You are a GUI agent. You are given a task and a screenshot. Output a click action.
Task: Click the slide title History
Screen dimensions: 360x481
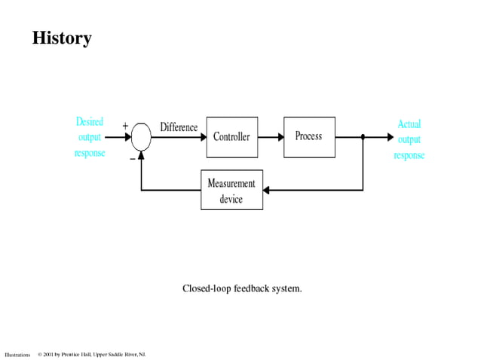[x=62, y=38]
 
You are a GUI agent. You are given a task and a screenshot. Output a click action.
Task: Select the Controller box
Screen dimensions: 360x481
[x=231, y=137]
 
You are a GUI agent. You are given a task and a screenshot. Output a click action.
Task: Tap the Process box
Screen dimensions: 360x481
[x=308, y=137]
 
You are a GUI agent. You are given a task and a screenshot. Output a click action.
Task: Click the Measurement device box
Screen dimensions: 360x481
[x=231, y=191]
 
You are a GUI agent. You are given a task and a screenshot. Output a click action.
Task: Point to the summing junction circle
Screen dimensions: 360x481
[x=141, y=138]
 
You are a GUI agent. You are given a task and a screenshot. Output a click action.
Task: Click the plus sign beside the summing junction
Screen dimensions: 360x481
[x=125, y=127]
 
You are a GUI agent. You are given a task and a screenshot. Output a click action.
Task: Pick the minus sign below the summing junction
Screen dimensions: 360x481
[x=132, y=158]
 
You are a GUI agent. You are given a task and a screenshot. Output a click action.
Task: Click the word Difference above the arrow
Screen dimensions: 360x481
[x=179, y=127]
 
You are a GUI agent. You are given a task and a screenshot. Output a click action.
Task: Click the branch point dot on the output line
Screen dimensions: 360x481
[x=363, y=138]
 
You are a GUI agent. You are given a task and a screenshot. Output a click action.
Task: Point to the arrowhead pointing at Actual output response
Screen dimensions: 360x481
[x=389, y=138]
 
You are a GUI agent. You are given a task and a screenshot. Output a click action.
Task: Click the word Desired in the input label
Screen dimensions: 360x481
[x=90, y=121]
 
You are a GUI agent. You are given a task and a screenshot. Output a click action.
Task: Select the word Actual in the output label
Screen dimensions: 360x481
[x=409, y=124]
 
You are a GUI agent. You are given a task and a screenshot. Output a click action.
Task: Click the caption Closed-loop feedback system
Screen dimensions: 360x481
[x=242, y=288]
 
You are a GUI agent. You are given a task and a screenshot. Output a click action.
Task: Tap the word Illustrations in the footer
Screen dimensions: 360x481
[x=17, y=354]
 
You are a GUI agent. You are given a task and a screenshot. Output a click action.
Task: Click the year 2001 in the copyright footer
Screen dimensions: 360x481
[x=50, y=354]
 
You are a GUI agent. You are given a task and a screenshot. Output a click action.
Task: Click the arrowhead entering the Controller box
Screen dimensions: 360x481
[x=201, y=138]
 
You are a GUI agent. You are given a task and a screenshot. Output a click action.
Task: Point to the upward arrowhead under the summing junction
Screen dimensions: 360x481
[x=141, y=156]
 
